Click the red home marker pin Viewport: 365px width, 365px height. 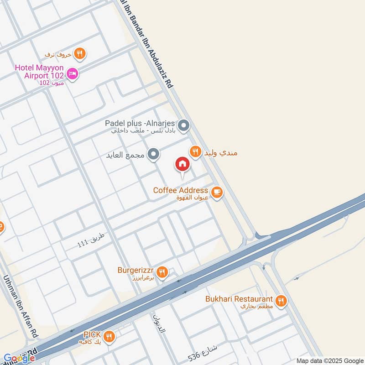[182, 164]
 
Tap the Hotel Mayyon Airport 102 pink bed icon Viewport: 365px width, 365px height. [72, 73]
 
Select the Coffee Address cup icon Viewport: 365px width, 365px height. [217, 192]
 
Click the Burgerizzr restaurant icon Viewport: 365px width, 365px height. [162, 272]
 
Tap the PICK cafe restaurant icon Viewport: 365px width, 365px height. [109, 337]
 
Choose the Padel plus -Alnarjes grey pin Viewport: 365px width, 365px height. [183, 125]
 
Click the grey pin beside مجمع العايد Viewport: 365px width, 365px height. [154, 154]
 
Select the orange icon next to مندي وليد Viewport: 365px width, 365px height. [196, 151]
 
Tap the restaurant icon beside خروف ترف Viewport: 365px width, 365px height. [80, 53]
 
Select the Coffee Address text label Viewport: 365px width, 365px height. [181, 190]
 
